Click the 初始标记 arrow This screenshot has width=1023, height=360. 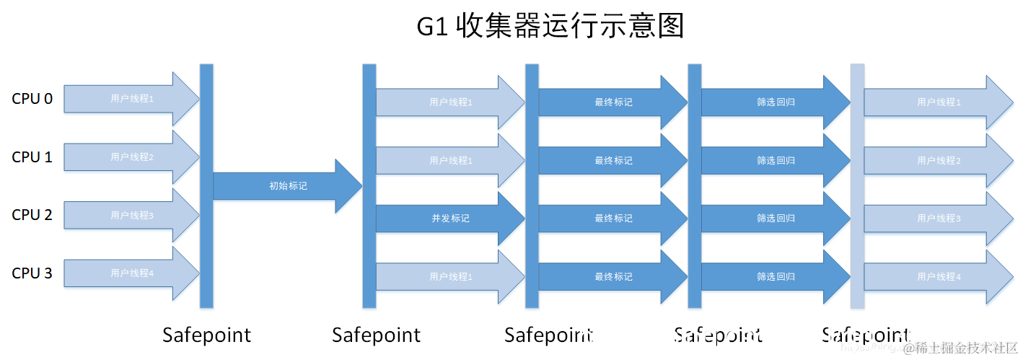[x=287, y=186]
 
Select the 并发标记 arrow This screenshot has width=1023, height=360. [x=449, y=218]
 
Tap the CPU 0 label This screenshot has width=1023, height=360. [x=32, y=99]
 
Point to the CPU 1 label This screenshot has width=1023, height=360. [x=32, y=157]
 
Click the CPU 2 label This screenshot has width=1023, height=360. [x=32, y=214]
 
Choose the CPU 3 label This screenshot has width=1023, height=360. [x=32, y=273]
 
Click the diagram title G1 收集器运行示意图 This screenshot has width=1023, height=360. [x=550, y=27]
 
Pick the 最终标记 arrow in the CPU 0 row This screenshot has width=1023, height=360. [x=613, y=102]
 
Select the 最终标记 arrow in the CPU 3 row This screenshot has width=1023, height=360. [x=613, y=276]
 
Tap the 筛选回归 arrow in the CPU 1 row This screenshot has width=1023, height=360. [x=776, y=160]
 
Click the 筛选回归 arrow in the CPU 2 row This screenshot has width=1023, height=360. [x=776, y=218]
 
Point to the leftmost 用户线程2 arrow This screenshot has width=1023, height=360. [x=131, y=157]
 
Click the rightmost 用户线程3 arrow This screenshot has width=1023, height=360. [x=938, y=218]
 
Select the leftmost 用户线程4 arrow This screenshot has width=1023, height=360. [x=131, y=273]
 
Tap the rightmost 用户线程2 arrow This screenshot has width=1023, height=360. [x=938, y=160]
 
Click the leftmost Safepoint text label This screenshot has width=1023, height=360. [x=206, y=335]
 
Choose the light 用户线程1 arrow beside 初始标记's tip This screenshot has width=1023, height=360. [x=449, y=160]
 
